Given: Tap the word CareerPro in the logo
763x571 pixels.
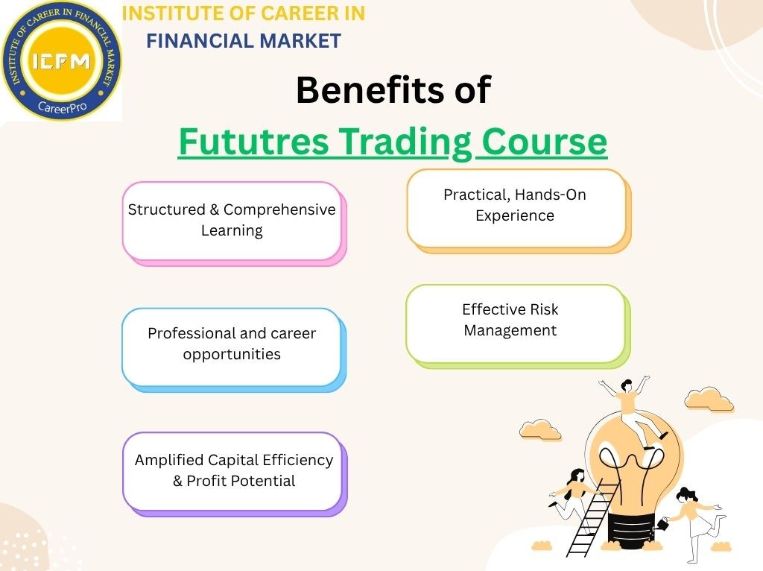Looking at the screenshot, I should point(61,107).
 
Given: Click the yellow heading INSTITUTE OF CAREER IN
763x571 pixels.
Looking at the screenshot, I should point(243,13).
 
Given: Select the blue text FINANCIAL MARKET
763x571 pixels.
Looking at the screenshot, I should point(243,41).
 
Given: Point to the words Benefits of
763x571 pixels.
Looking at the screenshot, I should point(393,91).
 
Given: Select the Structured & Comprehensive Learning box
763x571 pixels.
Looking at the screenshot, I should point(232,221).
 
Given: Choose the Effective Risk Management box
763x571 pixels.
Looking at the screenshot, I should point(515,322).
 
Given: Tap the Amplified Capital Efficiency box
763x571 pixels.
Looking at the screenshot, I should point(233,471).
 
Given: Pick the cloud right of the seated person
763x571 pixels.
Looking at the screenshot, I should point(708,400).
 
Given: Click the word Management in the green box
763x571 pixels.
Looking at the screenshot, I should point(510,330).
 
